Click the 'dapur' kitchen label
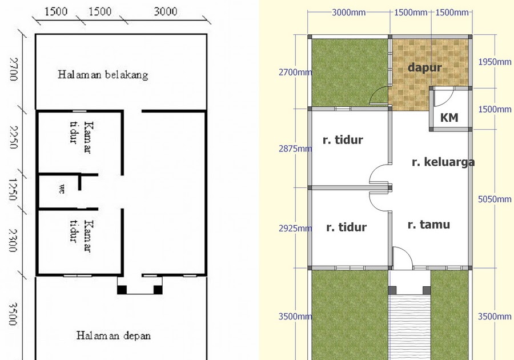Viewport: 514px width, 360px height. click(425, 67)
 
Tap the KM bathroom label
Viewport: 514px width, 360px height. click(449, 117)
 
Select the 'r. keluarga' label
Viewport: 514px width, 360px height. click(443, 162)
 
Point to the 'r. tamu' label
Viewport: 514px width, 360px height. click(429, 225)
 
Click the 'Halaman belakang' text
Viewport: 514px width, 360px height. click(103, 75)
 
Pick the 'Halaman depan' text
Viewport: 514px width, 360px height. click(114, 335)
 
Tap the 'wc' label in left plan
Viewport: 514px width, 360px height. click(62, 189)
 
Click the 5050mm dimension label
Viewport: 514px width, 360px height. click(495, 199)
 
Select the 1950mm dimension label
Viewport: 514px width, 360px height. click(495, 62)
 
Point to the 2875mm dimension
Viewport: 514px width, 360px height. click(295, 149)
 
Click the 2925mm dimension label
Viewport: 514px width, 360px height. click(295, 228)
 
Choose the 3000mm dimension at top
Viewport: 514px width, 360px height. click(348, 13)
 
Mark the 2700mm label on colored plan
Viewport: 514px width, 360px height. click(295, 72)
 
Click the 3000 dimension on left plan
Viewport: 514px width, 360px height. click(166, 11)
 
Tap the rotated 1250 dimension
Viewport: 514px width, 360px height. click(13, 189)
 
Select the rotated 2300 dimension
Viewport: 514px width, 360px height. click(13, 241)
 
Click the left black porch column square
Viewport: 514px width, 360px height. click(122, 290)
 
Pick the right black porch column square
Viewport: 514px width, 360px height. click(158, 290)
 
